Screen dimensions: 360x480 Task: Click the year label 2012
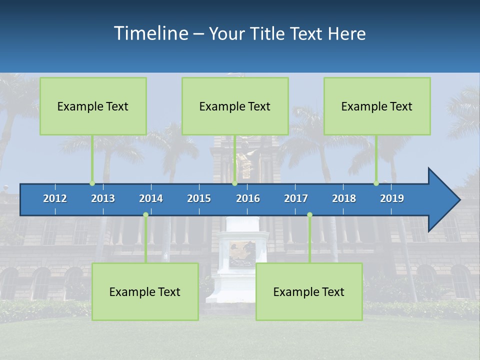[55, 198]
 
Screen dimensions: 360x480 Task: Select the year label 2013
[103, 198]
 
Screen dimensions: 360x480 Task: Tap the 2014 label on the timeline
[151, 198]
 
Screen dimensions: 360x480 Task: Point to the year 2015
[199, 198]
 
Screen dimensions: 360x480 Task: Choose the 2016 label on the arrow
[248, 198]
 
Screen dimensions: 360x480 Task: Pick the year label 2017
[296, 198]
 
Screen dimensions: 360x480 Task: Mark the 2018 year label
[344, 198]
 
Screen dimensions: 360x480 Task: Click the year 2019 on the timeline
[392, 198]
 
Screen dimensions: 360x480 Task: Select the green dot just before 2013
[92, 183]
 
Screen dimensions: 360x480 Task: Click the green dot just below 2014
[145, 214]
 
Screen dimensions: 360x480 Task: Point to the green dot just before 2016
[234, 183]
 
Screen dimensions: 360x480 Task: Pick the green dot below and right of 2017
[309, 214]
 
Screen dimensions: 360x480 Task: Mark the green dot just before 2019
[376, 183]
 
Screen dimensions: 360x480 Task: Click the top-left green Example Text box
[93, 106]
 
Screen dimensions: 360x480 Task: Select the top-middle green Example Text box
[235, 106]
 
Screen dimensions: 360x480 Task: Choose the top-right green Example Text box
[377, 106]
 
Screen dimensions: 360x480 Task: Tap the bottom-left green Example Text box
[145, 291]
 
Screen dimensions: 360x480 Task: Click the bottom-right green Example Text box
[309, 291]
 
